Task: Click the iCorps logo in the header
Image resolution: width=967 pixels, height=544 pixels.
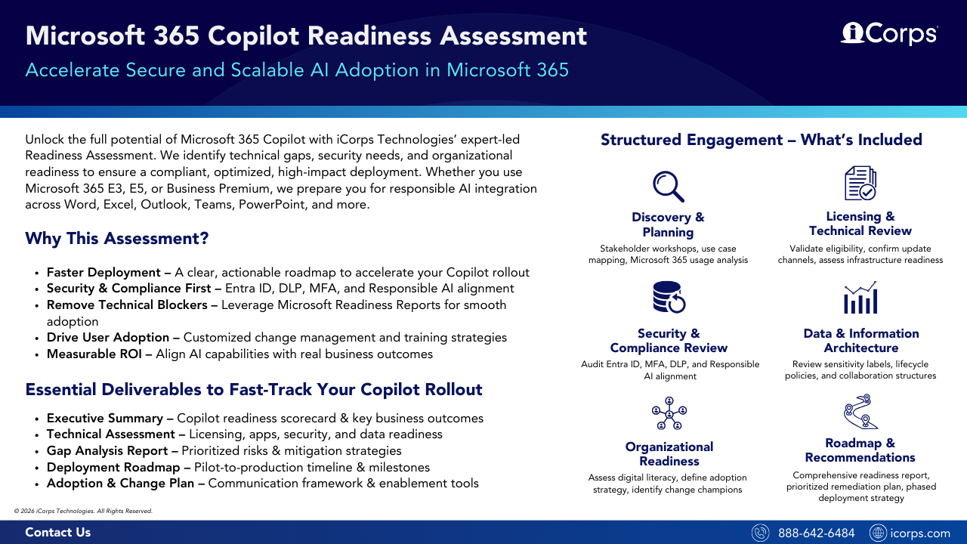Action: point(889,34)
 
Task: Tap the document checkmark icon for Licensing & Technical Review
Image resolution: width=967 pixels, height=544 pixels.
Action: point(860,184)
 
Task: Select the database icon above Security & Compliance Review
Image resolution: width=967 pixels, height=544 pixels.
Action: point(668,296)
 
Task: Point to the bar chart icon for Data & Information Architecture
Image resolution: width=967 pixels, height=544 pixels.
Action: point(860,298)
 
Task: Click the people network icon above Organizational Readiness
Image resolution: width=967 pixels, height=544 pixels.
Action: point(669,412)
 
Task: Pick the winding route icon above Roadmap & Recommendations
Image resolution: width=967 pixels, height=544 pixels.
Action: point(860,412)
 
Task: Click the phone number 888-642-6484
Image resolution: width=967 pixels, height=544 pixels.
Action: point(816,533)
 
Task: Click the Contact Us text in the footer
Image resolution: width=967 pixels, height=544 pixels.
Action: point(57,533)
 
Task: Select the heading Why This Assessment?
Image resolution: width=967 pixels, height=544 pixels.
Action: point(116,239)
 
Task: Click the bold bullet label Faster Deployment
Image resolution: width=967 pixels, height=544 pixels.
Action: point(103,273)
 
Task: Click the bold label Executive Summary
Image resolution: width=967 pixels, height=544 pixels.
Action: point(104,419)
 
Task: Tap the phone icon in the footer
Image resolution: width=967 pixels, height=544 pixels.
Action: point(761,533)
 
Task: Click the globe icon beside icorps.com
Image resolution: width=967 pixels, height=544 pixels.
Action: point(878,533)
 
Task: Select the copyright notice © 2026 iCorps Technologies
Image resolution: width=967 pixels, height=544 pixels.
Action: point(83,512)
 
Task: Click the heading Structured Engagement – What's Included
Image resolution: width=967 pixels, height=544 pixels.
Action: point(761,140)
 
